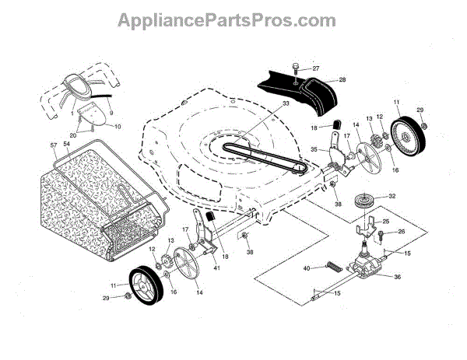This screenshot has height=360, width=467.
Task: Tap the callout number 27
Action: [315, 68]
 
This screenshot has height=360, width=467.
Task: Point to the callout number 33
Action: [264, 103]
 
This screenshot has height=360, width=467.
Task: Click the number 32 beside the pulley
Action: [392, 196]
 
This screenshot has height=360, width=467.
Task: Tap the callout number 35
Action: [314, 150]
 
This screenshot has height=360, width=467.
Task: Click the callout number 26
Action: [402, 231]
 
